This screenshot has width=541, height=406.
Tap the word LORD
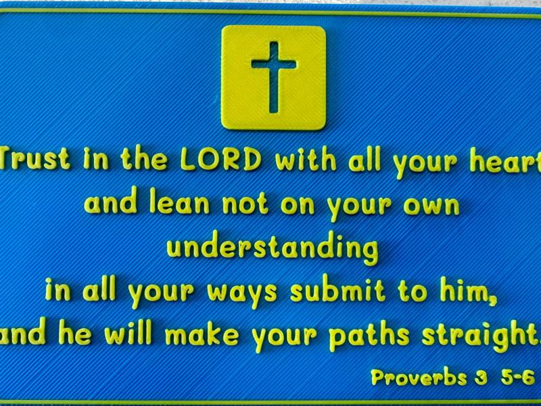[220, 161]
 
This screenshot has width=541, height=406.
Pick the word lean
[178, 204]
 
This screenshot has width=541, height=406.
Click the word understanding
[273, 249]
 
